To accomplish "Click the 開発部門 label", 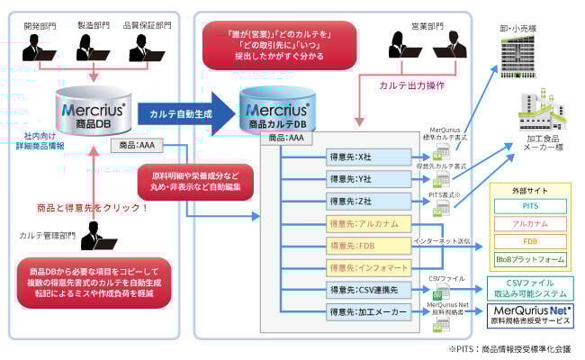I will pyautogui.click(x=39, y=26).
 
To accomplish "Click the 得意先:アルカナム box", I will pyautogui.click(x=370, y=223).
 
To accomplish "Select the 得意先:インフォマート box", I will pyautogui.click(x=370, y=267).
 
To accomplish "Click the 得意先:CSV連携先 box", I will pyautogui.click(x=370, y=290).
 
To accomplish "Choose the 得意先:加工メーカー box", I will pyautogui.click(x=370, y=312).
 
